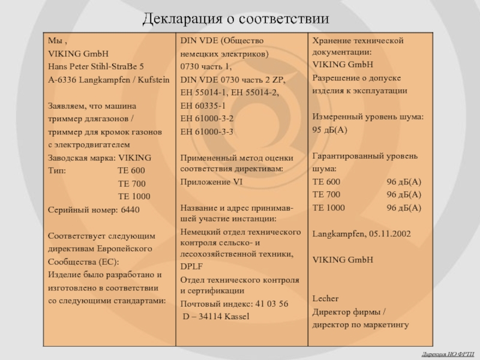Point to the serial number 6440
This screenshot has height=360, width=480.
tap(130, 210)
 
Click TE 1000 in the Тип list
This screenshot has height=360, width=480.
tap(134, 196)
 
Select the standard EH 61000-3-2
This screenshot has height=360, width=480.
tap(207, 118)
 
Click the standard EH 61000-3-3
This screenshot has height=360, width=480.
tap(207, 131)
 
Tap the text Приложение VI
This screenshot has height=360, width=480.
tap(212, 181)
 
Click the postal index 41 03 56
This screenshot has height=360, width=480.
tap(268, 304)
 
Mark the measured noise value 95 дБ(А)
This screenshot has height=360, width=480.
tap(330, 130)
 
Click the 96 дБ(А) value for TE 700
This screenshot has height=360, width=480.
tap(404, 194)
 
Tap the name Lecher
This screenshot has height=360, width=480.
tap(325, 298)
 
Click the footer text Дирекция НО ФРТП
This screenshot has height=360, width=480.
tap(447, 353)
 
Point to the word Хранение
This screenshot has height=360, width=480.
tap(331, 40)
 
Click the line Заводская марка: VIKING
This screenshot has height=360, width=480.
tap(100, 158)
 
